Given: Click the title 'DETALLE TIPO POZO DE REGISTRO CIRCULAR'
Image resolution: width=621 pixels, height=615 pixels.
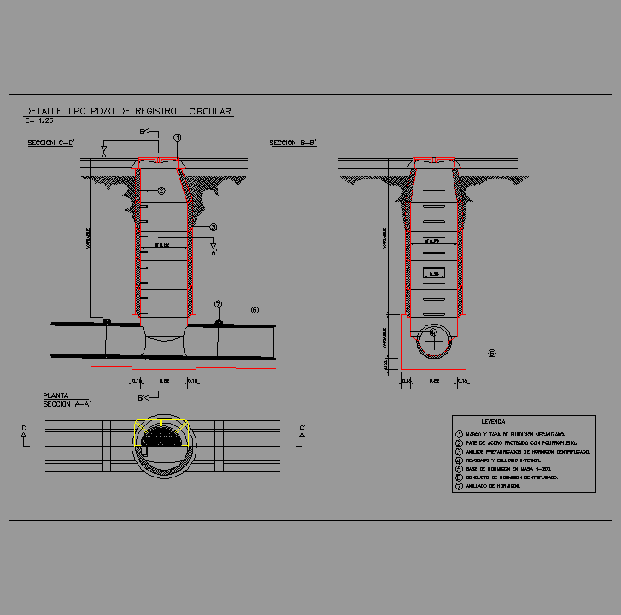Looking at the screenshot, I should coord(128,111).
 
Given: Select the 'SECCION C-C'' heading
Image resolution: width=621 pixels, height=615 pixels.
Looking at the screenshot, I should coord(50,143).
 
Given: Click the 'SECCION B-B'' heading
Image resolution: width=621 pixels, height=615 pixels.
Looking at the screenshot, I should coord(293,143).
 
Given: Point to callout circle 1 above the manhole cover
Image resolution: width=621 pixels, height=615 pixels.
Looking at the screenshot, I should coord(177,138).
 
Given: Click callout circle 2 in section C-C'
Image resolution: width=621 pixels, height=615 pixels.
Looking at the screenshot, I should coord(160,190).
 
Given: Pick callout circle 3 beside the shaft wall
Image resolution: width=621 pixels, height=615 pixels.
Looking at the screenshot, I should coord(214,227).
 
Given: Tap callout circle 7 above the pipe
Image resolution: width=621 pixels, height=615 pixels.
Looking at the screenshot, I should coord(218,304).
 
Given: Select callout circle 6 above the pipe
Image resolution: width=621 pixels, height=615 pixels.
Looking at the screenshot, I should coord(255,309).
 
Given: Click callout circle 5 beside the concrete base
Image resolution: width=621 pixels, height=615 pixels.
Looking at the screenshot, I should coord(491,353).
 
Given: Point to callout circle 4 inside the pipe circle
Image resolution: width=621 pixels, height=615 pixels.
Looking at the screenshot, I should coord(433,332).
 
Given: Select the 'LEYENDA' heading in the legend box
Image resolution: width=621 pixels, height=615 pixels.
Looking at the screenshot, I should coord(494,422).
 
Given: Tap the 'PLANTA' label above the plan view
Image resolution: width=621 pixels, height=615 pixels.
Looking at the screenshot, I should coord(56,395).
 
